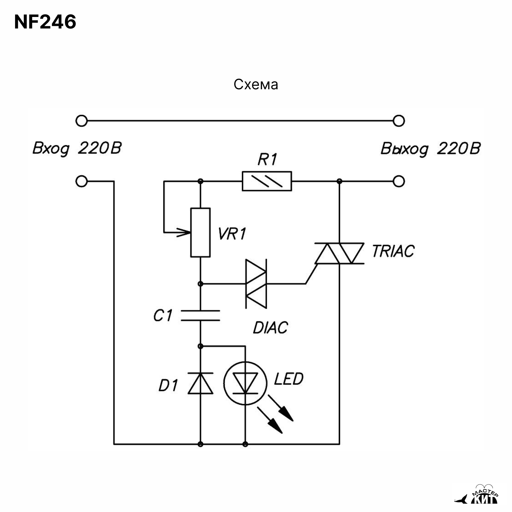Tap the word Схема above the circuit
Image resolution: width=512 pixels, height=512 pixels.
point(256,84)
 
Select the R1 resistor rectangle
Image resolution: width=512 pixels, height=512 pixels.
point(267,181)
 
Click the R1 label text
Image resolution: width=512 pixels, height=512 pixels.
point(267,160)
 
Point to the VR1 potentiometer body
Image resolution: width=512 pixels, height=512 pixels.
point(200,233)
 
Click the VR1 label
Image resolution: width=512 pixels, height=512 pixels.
point(232,234)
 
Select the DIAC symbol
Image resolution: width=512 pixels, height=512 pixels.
point(256,284)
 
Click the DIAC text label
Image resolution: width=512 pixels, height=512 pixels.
point(270,328)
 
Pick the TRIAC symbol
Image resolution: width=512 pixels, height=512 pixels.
point(339,253)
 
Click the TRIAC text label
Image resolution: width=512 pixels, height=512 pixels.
point(393,251)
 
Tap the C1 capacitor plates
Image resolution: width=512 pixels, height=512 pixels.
point(200,315)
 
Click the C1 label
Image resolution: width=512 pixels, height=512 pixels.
point(163,316)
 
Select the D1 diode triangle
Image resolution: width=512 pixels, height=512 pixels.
point(200,383)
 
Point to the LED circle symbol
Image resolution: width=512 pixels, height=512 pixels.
point(245,383)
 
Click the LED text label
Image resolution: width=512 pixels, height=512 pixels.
point(288,379)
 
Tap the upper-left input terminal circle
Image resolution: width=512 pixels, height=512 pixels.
point(82,121)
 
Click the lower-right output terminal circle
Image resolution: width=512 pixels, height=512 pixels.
point(399,181)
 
